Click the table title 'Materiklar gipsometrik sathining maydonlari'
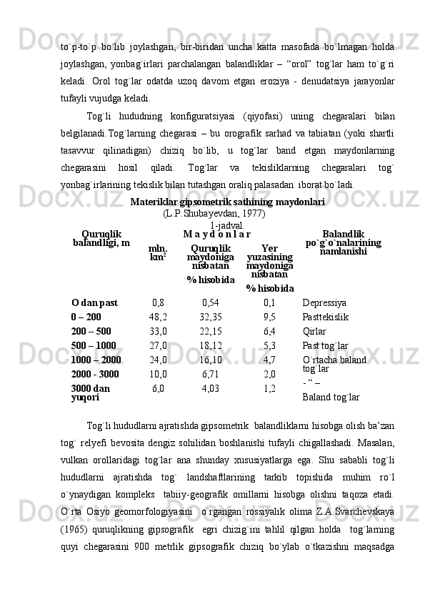(x=227, y=202)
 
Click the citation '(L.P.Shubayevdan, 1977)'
(x=214, y=213)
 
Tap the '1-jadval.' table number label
(x=227, y=225)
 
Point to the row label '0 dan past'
(x=95, y=302)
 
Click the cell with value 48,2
(x=158, y=317)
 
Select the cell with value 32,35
(x=211, y=317)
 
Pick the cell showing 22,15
(x=211, y=331)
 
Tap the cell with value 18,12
(x=211, y=345)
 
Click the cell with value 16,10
(x=211, y=360)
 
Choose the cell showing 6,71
(x=211, y=374)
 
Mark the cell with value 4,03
(x=211, y=388)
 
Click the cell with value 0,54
(x=211, y=302)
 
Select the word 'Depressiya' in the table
(x=324, y=302)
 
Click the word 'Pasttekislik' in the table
(x=326, y=317)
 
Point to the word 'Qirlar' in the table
(x=314, y=331)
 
